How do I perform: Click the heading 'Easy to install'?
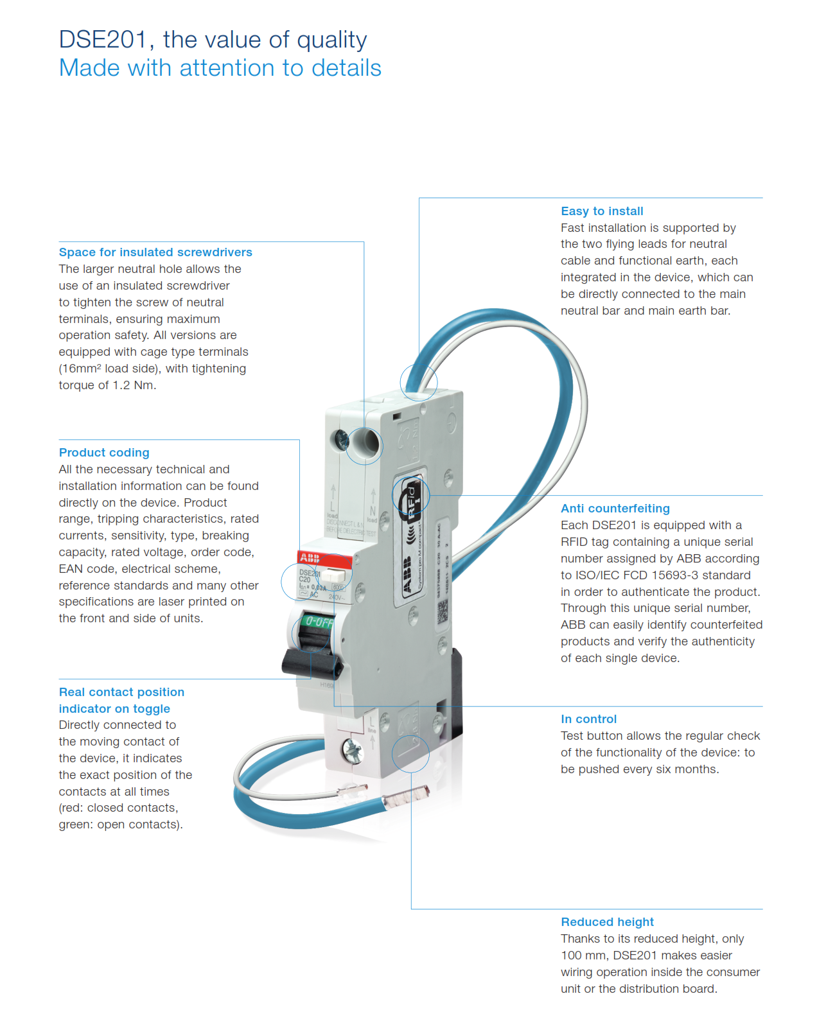[602, 211]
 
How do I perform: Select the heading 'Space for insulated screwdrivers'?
[155, 252]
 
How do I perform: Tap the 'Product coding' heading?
[104, 453]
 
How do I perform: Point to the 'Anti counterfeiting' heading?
[615, 509]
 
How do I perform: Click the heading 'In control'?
[588, 719]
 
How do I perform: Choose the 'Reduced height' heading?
[607, 922]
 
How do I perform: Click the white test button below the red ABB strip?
[334, 575]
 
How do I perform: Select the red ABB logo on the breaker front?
[310, 557]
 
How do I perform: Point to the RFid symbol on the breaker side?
[412, 502]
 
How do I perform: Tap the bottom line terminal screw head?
[352, 748]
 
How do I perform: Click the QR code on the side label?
[443, 612]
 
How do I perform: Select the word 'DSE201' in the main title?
[103, 40]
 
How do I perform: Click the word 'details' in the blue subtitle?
[346, 68]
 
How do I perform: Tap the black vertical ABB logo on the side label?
[407, 575]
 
